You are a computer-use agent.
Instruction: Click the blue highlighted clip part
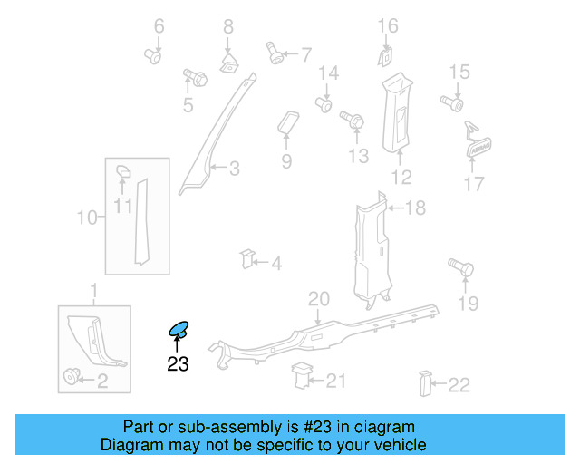[179, 330]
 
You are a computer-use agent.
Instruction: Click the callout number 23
[178, 364]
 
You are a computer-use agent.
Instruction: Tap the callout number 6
[159, 26]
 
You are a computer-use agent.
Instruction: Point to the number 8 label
[228, 26]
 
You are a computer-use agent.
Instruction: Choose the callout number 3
[234, 168]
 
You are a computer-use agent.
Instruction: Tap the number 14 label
[327, 72]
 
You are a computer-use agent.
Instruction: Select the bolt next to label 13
[352, 118]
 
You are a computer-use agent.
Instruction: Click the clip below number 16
[386, 57]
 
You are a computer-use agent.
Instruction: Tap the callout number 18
[414, 208]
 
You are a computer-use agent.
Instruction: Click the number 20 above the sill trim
[318, 299]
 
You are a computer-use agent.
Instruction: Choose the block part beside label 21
[302, 375]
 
